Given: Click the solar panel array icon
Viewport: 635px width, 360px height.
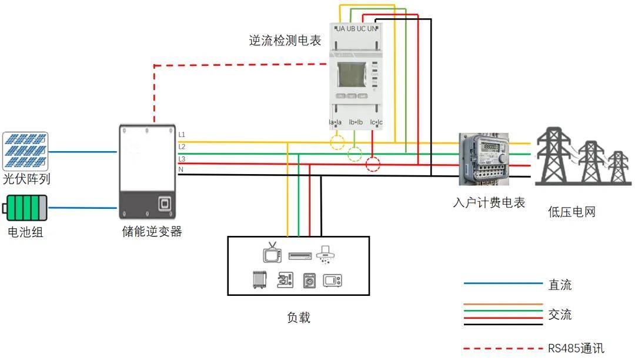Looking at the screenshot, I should tap(25, 150).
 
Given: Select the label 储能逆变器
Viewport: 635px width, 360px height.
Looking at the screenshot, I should tap(148, 232).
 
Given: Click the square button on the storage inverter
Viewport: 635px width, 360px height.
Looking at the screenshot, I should tap(165, 204).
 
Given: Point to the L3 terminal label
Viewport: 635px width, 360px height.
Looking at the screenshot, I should tap(182, 159).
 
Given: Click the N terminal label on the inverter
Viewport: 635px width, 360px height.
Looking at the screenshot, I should tap(181, 170).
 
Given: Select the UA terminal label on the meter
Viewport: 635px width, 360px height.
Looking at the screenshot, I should tap(340, 29).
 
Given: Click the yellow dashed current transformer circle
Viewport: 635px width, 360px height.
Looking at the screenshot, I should tap(337, 143).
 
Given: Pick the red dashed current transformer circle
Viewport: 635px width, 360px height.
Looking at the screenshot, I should tap(373, 164).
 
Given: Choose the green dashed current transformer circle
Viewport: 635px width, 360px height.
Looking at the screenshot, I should tap(355, 155).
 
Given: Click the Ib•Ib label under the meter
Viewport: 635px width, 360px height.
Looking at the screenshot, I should tap(356, 122).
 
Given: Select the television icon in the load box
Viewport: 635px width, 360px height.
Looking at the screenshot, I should tap(272, 253).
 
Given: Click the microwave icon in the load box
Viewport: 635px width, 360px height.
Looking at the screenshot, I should tap(332, 280).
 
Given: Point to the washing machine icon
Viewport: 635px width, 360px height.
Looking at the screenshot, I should tap(309, 281).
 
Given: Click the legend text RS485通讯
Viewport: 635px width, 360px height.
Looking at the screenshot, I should tap(576, 348).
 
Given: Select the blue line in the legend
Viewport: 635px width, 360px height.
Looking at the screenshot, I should tap(503, 284).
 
